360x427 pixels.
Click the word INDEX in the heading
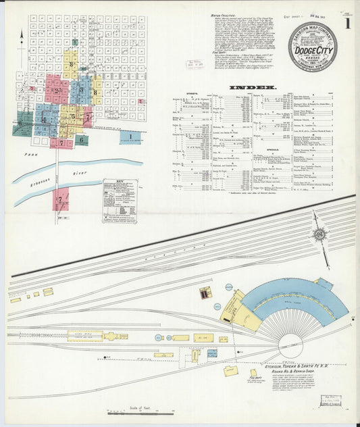click(x=253, y=88)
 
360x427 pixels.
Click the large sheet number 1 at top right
click(x=346, y=24)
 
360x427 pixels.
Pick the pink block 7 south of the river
click(x=61, y=200)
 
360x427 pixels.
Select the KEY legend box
click(x=119, y=201)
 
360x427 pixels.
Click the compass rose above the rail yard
click(x=320, y=236)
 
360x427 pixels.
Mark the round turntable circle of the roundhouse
click(x=290, y=347)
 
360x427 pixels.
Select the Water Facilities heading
click(x=224, y=14)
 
